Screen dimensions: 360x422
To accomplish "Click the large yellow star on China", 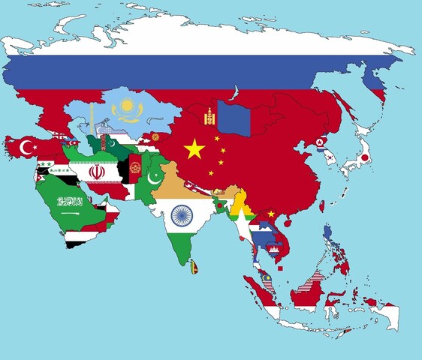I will [194, 149].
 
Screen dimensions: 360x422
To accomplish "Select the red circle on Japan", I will [364, 158].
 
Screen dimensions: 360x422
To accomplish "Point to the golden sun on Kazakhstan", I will [125, 106].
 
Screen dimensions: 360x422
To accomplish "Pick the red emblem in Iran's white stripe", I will [95, 172].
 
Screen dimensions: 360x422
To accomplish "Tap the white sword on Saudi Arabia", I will [71, 211].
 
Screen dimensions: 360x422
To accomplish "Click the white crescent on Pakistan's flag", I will [155, 178].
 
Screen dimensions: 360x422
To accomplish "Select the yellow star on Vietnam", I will [271, 214].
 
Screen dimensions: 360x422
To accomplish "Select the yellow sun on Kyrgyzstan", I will [155, 137].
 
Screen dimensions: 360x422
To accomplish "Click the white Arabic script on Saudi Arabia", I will [70, 201].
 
